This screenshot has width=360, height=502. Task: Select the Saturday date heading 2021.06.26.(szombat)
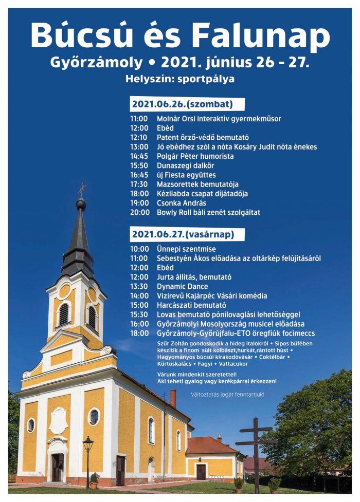pyautogui.click(x=182, y=104)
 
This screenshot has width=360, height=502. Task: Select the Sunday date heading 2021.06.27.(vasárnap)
pyautogui.click(x=183, y=234)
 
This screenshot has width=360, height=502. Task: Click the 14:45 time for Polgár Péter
pyautogui.click(x=139, y=156)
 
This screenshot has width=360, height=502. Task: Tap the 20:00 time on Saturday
pyautogui.click(x=139, y=212)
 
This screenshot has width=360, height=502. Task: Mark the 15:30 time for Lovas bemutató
pyautogui.click(x=139, y=314)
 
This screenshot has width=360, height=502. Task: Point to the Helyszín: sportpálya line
pyautogui.click(x=180, y=79)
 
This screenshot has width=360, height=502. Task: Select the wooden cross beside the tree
pyautogui.click(x=256, y=447)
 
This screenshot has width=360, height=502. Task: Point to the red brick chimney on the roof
pyautogui.click(x=173, y=398)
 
